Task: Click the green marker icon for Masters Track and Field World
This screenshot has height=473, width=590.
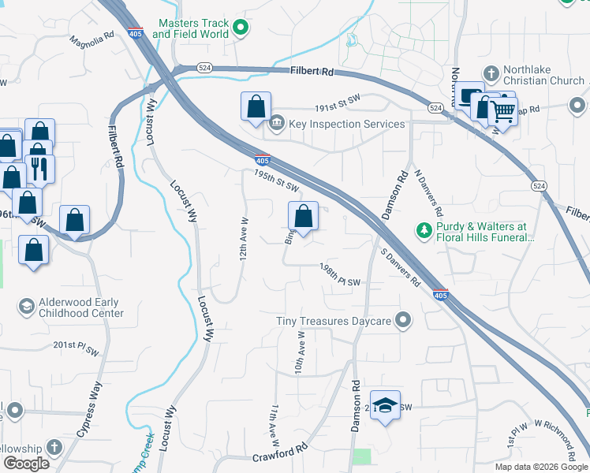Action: pos(243,29)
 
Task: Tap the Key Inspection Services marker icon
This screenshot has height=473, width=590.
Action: pos(277,124)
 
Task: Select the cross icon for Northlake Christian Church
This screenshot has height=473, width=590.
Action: pos(491,74)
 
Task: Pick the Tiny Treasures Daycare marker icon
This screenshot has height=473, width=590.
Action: pos(404,321)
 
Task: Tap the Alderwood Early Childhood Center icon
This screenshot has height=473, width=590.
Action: pos(27,306)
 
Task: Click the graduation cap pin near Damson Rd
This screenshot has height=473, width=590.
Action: pos(384,405)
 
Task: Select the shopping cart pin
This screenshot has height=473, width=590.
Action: pos(503,113)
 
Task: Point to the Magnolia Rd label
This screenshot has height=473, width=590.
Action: pos(91,39)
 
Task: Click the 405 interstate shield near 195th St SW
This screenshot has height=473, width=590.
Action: pos(263,158)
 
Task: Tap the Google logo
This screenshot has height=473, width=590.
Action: pos(26,464)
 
